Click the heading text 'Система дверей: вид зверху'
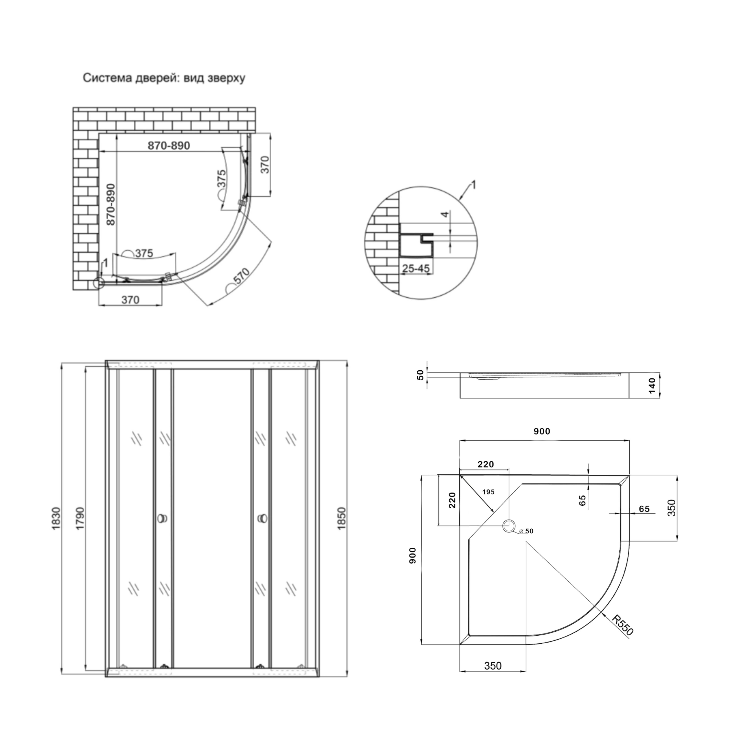pyautogui.click(x=164, y=78)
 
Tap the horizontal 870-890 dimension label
pyautogui.click(x=169, y=146)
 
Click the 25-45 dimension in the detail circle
pyautogui.click(x=416, y=268)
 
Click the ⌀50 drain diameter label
pyautogui.click(x=527, y=531)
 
